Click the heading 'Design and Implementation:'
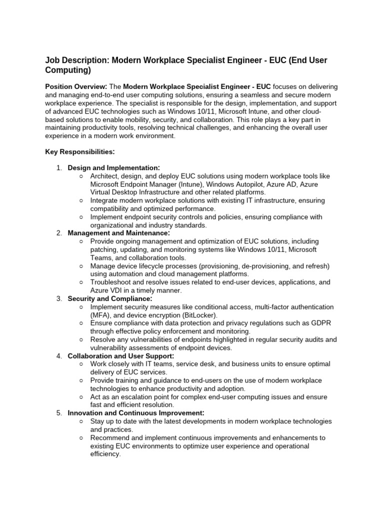[114, 168]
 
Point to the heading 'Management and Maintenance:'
[118, 233]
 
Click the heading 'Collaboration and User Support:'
[121, 356]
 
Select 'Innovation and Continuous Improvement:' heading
[135, 413]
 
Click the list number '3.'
[59, 298]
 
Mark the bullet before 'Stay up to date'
[81, 421]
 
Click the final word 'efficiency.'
[105, 454]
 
